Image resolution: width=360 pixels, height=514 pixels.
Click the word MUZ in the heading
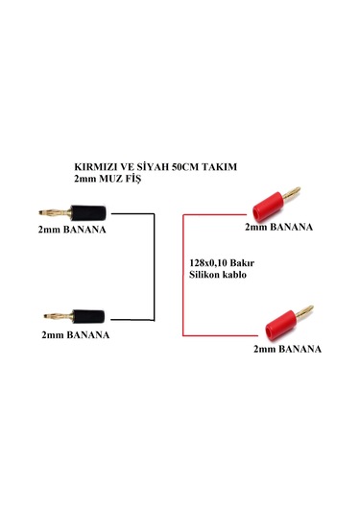[x=108, y=179]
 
